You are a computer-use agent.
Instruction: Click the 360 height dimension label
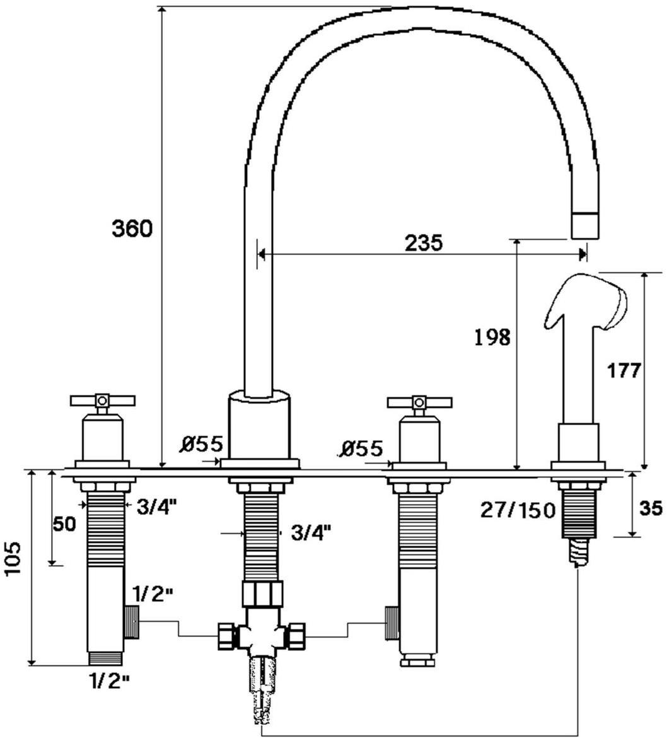[132, 228]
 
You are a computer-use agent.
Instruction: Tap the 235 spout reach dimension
[423, 242]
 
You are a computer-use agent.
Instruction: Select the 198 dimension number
[492, 338]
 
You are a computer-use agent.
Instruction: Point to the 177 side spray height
[624, 370]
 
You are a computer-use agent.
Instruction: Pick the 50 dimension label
[64, 524]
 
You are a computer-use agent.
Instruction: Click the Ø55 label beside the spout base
[201, 445]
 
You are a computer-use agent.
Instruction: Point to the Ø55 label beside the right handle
[362, 448]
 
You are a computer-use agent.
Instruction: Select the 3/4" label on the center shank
[311, 533]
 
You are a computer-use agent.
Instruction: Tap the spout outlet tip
[584, 226]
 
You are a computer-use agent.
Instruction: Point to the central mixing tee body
[260, 631]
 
